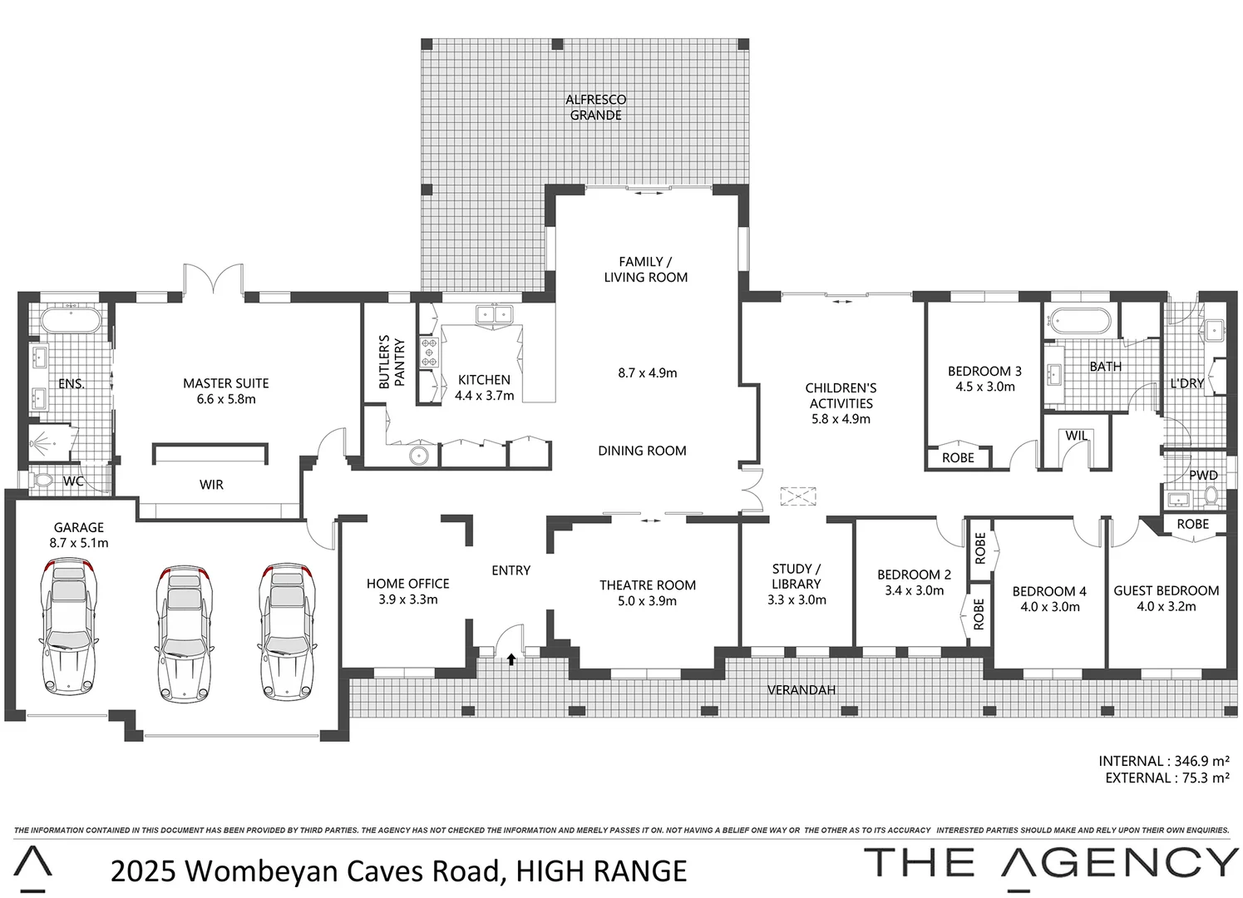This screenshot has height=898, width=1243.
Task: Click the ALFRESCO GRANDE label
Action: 595,107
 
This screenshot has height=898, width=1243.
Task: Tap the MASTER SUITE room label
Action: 226,383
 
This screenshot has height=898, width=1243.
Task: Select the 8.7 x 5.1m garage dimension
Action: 79,543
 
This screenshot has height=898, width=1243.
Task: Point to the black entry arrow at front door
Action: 511,659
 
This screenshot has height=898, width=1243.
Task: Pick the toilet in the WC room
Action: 40,480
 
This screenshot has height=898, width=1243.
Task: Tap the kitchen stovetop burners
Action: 429,352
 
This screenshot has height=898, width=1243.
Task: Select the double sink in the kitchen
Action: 494,313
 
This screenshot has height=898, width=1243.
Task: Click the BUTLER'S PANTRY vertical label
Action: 392,363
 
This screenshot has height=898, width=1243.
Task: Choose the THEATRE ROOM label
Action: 648,585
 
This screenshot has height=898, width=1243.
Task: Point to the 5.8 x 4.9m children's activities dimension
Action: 841,419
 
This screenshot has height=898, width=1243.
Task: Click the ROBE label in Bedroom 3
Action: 958,457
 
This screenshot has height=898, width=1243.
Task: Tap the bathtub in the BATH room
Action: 1079,320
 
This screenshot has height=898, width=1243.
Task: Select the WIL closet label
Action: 1077,436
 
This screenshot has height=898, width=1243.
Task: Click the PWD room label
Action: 1203,476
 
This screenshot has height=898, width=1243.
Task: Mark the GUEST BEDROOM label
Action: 1166,590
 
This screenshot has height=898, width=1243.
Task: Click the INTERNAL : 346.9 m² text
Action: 1163,761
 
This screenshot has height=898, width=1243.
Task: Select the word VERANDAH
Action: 802,690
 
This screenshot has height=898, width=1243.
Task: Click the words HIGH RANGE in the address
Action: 601,871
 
